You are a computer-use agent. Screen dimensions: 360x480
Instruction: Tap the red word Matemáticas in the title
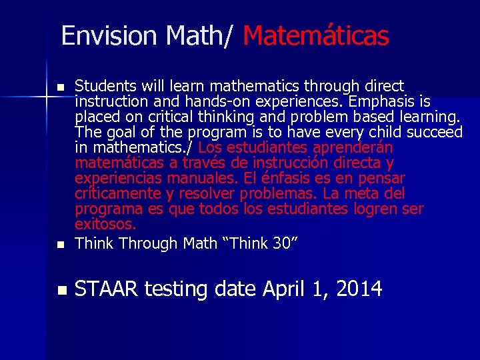pos(316,35)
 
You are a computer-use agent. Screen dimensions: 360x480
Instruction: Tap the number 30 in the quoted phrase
pos(281,243)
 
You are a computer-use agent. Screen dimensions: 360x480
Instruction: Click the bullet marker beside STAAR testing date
pos(62,290)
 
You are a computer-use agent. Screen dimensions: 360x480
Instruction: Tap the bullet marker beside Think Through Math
pos(61,245)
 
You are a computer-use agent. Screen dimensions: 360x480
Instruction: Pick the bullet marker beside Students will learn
pos(61,87)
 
